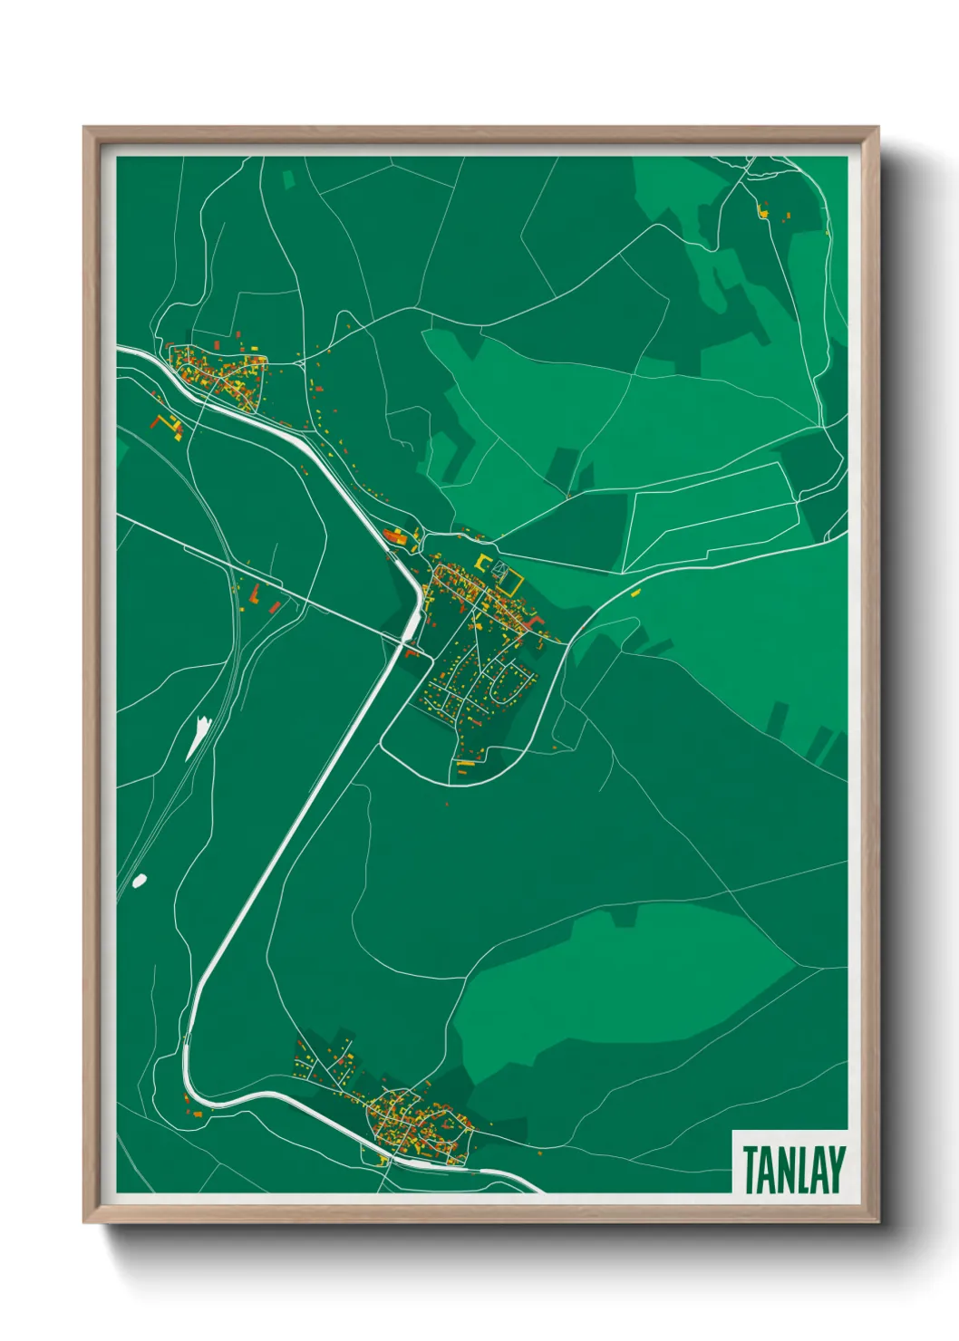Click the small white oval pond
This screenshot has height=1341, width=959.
139,880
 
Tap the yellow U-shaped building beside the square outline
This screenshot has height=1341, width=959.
480,562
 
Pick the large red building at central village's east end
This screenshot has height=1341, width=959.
536,622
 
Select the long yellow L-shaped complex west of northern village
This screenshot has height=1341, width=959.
167,424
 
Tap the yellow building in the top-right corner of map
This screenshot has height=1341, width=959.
762,213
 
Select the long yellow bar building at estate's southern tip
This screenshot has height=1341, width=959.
466,763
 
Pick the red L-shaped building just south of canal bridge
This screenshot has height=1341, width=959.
414,651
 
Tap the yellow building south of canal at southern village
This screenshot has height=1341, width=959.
384,1160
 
